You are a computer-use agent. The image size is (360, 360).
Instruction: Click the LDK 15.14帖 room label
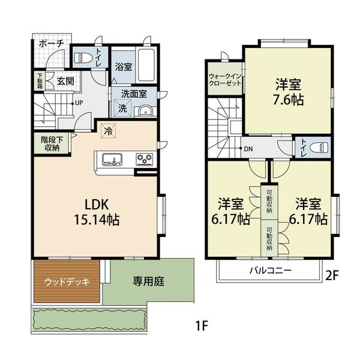(97, 212)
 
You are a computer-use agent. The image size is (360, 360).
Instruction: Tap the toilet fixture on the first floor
(80, 58)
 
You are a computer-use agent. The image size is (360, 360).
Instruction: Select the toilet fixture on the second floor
(319, 147)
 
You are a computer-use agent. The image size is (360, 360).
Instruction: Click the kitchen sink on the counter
(112, 159)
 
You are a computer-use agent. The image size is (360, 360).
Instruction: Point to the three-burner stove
(145, 159)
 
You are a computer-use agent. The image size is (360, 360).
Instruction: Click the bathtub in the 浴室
(146, 65)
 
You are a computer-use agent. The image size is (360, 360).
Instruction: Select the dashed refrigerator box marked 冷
(109, 131)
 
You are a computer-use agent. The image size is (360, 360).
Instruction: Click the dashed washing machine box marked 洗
(122, 108)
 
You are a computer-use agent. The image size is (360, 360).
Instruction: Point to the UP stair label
(79, 103)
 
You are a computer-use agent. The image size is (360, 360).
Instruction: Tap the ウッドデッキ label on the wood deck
(67, 282)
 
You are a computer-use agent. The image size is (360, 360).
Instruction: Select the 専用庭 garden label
(149, 281)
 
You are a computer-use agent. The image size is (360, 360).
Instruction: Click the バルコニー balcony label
(271, 270)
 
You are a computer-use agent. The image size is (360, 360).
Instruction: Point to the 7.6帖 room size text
(289, 100)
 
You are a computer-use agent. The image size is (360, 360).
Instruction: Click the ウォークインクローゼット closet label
(225, 80)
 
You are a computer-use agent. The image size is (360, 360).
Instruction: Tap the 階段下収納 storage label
(52, 144)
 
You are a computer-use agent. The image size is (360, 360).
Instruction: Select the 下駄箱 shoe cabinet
(40, 81)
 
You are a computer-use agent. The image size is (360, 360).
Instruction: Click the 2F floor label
(332, 276)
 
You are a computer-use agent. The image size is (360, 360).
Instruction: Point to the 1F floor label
(202, 326)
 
